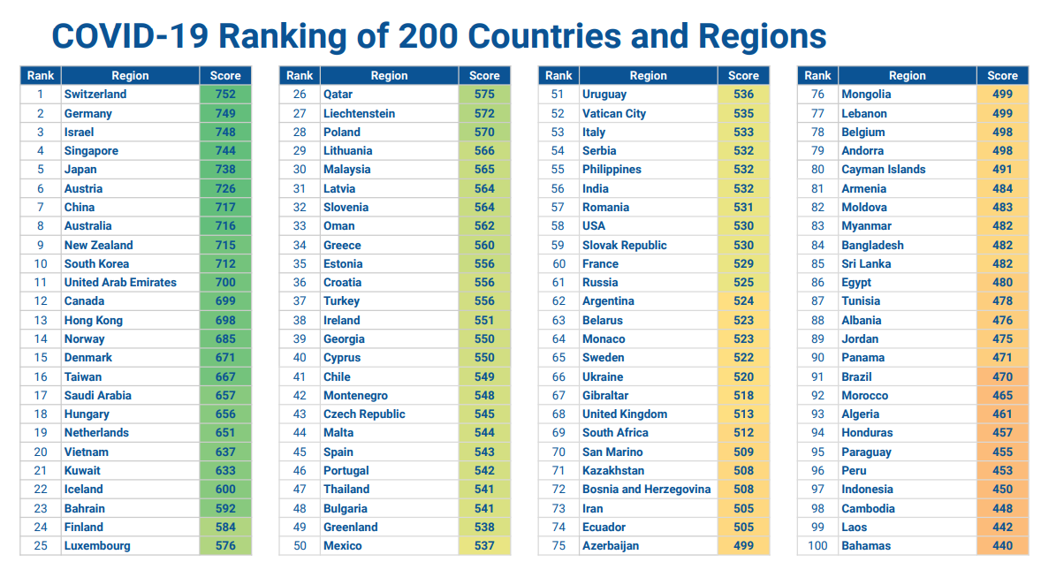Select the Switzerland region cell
coord(95,94)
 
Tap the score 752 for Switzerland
coord(225,94)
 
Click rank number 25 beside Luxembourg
coord(41,545)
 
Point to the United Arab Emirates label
coord(120,282)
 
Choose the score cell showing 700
coord(225,282)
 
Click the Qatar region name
coord(338,94)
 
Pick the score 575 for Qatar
coord(484,94)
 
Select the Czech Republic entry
coord(364,414)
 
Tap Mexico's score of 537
coord(484,545)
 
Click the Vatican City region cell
coord(614,113)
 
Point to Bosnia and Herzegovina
coord(646,489)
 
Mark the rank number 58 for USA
coord(558,225)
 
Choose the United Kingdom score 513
coord(743,414)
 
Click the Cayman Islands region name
coord(884,169)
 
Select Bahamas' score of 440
coord(1002,545)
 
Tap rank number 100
coord(817,545)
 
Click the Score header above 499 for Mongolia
coord(1002,75)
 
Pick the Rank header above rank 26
coord(300,75)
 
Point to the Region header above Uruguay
coord(648,75)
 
